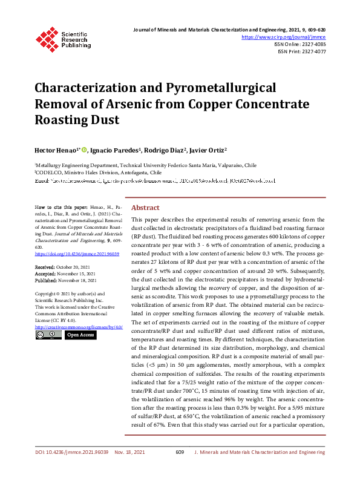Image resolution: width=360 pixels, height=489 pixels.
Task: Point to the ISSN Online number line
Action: (299, 44)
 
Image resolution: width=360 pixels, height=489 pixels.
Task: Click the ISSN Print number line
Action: (301, 52)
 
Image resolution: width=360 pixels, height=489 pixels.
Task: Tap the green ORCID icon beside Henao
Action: (84, 149)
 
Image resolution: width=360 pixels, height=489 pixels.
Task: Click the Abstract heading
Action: (145, 206)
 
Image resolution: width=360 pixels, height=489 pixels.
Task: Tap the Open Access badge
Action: (80, 334)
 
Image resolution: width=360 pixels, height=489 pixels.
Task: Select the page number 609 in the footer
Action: (179, 469)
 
